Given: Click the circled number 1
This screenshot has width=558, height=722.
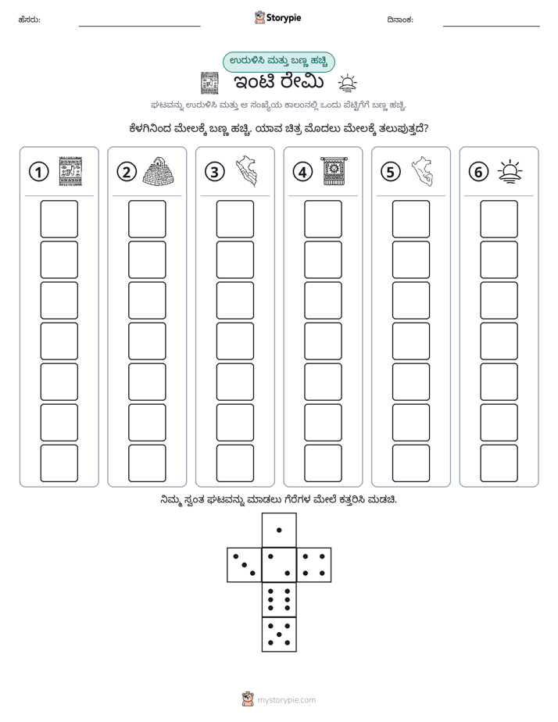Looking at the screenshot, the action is pos(38,172).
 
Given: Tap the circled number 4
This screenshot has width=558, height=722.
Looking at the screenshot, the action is pos(302,172).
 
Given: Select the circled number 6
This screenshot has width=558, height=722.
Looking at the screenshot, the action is pos(478,172).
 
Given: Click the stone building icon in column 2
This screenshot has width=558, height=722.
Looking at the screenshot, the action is pos(159,171).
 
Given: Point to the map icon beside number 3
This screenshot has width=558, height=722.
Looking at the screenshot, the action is pos(246,171).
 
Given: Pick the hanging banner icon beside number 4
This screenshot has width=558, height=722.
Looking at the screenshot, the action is pos(334,171).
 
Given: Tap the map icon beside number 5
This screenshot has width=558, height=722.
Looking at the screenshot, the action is pos(422,171).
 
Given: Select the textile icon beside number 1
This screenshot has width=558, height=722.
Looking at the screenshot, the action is pos(70,171).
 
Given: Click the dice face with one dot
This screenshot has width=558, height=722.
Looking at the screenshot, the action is pos(279,530).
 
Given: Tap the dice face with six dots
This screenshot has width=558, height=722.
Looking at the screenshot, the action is pos(279,599).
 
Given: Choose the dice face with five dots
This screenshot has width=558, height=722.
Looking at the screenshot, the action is pos(279,634).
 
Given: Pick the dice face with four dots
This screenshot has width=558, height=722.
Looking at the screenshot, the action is pos(314,564).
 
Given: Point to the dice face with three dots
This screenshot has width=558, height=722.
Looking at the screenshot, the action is pos(244,564).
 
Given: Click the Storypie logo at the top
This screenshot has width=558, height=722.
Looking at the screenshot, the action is pos(277,18).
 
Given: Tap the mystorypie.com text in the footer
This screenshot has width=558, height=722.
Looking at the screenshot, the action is pos(286,700).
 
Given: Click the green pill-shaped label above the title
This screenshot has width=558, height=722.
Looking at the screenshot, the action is pos(278,63).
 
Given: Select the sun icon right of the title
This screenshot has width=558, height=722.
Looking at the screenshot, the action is pos(347,83).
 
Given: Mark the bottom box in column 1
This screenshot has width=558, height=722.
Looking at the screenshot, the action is pos(59,463).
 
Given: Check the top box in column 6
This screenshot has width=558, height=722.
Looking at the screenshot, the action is pos(499,219).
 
